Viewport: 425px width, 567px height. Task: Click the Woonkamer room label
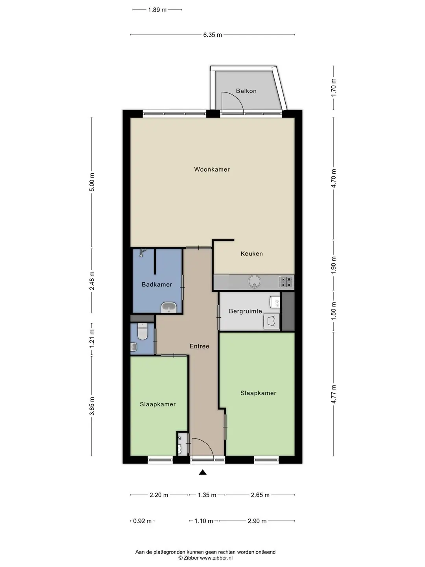click(212, 169)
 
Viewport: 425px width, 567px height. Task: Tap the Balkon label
click(246, 91)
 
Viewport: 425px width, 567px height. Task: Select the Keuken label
click(251, 254)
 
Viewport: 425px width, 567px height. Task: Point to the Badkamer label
click(157, 284)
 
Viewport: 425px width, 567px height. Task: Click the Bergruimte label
click(246, 311)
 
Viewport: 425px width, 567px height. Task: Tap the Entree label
click(200, 346)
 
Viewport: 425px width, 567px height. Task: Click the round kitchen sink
click(255, 282)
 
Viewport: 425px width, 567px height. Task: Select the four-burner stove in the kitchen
click(286, 282)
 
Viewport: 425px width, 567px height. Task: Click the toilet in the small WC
click(142, 332)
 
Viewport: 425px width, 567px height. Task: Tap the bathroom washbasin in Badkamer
click(169, 308)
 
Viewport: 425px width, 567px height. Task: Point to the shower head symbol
click(142, 252)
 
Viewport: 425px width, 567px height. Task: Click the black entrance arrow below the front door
click(203, 472)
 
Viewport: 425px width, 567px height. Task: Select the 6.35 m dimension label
click(213, 35)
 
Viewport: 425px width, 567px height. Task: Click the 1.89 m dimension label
click(157, 10)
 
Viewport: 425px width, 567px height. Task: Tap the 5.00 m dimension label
click(92, 182)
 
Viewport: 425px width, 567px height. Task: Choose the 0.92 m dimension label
click(142, 521)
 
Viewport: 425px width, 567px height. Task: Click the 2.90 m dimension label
click(257, 521)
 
